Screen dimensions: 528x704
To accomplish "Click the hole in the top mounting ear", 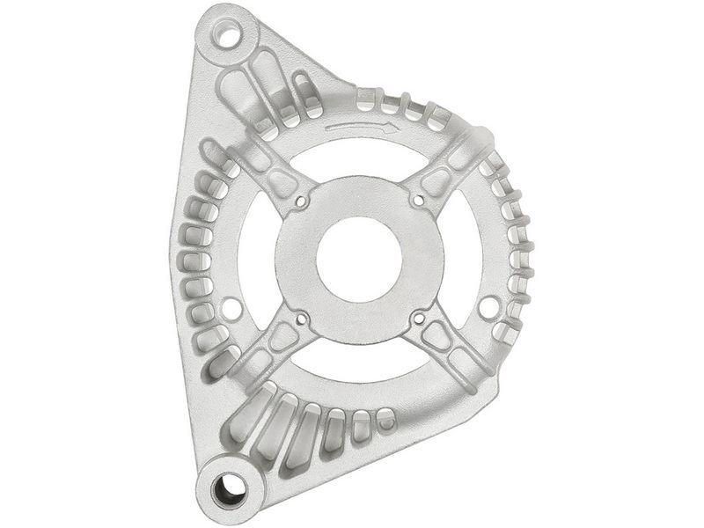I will point(226,37).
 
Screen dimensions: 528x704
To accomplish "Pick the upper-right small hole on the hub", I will point(418,202).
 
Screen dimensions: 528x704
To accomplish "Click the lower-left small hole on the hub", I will point(302,318).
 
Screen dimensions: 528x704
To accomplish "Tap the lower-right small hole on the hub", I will point(418,318).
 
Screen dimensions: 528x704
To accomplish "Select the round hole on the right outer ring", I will point(489,307).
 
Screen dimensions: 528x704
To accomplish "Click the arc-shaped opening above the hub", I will point(360,156).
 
